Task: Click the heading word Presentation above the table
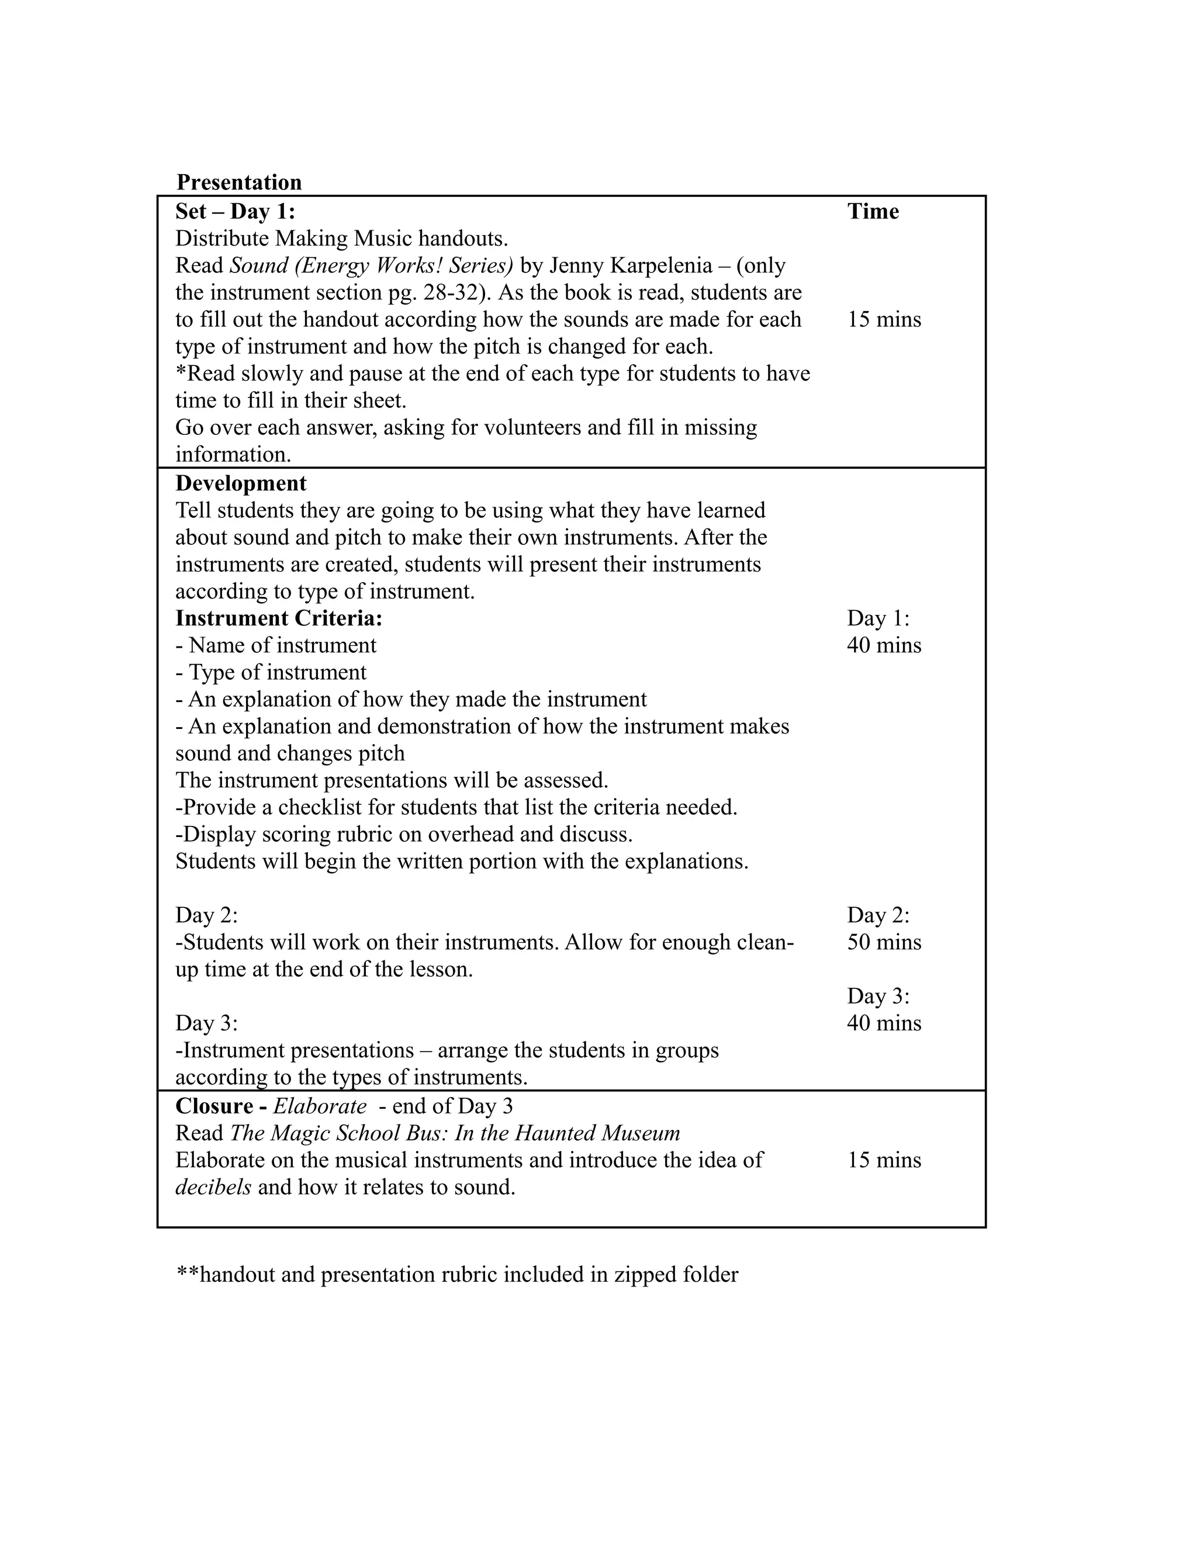click(239, 182)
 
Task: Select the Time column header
click(873, 212)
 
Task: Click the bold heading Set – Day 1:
click(236, 212)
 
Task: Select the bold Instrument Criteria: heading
click(279, 618)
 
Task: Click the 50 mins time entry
click(884, 943)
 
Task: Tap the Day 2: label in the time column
click(878, 915)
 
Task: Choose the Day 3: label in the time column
click(878, 997)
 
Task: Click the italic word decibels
click(213, 1187)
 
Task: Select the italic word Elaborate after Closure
click(320, 1107)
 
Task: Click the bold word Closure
click(214, 1107)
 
